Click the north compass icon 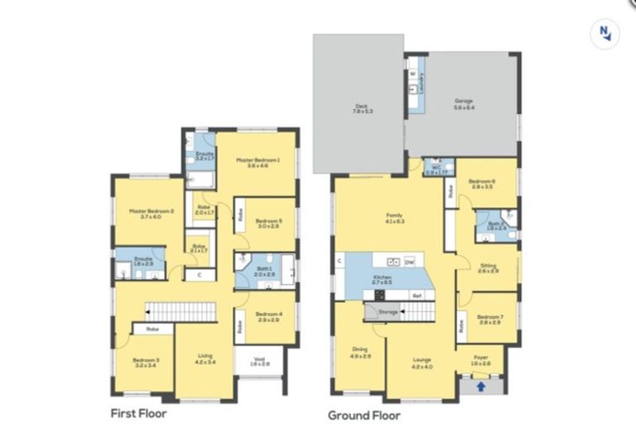605,33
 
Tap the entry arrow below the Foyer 480,386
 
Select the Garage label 464,104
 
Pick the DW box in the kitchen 409,262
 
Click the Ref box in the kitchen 417,295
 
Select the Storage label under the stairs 388,312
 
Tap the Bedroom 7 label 490,318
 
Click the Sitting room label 489,268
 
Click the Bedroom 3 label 146,362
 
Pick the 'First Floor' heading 139,412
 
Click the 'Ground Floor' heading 364,415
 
